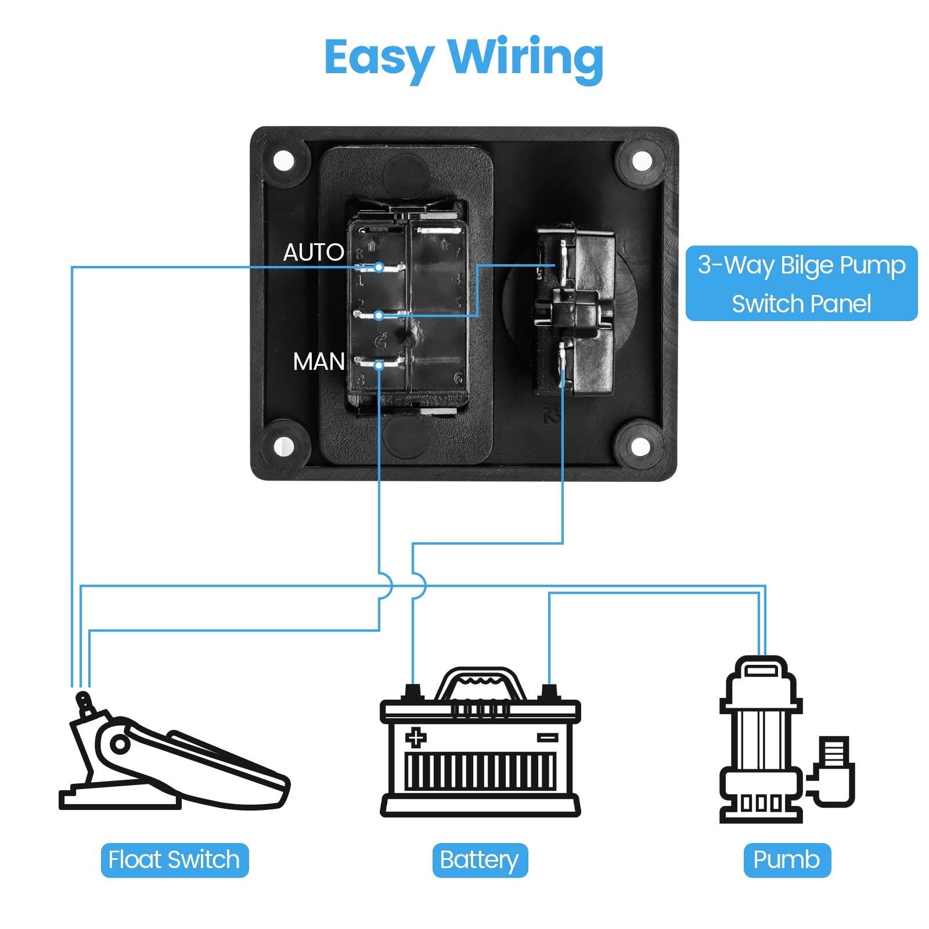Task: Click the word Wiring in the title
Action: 526,58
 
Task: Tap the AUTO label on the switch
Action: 314,253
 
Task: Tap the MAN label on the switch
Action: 319,362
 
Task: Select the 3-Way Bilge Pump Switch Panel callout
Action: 801,283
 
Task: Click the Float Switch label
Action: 174,860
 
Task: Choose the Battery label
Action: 480,860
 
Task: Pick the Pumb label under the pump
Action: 787,860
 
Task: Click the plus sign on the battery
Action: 415,738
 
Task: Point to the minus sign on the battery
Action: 547,737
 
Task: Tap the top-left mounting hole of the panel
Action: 284,161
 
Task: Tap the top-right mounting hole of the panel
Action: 642,161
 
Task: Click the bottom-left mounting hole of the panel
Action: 284,447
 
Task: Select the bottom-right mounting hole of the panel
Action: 640,447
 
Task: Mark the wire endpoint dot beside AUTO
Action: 379,267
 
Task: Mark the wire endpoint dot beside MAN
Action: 379,365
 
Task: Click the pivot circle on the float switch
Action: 120,744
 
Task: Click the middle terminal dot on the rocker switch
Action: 379,316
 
